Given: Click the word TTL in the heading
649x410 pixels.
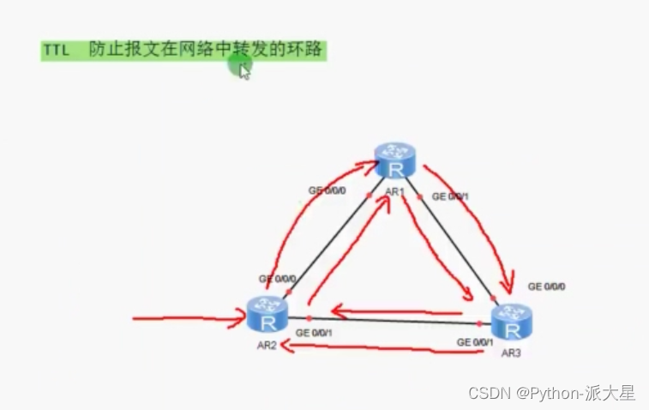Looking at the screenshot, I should click(x=56, y=51).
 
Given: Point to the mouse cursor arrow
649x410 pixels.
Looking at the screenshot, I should click(x=243, y=71).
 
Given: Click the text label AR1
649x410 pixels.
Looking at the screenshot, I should click(x=394, y=192).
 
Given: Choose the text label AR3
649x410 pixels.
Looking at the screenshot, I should click(x=511, y=353).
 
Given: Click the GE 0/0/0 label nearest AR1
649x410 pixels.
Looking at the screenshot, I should click(x=327, y=190).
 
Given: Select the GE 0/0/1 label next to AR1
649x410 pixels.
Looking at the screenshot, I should click(x=450, y=196).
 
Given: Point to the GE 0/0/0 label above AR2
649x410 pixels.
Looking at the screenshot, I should click(x=278, y=279).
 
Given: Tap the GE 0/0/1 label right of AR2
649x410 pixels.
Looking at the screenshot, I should click(x=313, y=332).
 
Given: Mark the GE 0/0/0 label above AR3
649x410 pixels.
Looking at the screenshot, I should click(x=546, y=286).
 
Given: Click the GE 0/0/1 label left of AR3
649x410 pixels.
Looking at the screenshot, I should click(x=475, y=342).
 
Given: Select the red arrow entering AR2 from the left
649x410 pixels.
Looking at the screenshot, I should click(x=189, y=321).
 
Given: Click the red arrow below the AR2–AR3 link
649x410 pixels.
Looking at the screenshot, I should click(x=377, y=347).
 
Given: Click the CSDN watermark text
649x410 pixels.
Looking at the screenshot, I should click(x=552, y=393).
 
